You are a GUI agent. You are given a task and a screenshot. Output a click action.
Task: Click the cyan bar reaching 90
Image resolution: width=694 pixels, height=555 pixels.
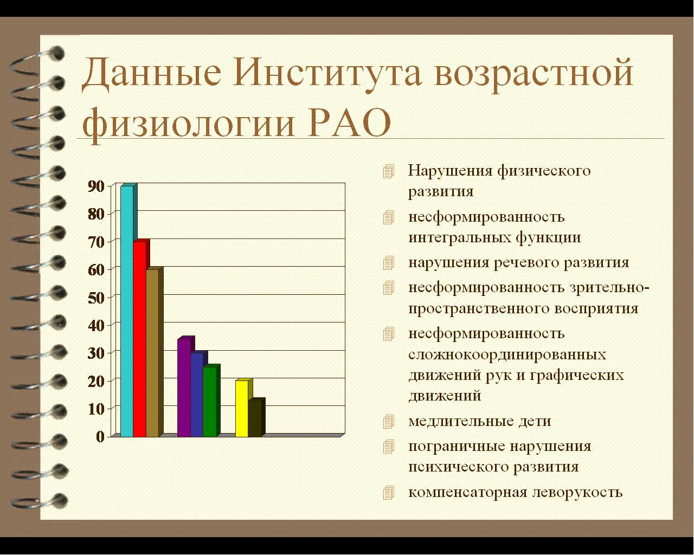coord(127,311)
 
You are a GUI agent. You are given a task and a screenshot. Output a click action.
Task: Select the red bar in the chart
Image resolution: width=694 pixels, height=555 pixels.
coord(140,339)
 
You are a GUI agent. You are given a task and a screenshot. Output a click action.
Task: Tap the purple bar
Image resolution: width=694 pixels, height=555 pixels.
coord(184,388)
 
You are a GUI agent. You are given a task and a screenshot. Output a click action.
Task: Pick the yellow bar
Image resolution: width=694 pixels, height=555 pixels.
coord(242,409)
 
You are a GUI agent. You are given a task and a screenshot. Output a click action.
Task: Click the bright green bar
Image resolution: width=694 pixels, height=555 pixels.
coord(210,402)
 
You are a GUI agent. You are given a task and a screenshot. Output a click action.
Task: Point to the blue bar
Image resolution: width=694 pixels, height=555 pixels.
coord(197,395)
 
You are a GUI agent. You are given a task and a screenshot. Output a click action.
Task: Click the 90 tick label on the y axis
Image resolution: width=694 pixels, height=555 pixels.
coord(96,186)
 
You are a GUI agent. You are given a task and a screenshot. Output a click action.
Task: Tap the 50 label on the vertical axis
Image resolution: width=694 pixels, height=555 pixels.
coord(96,298)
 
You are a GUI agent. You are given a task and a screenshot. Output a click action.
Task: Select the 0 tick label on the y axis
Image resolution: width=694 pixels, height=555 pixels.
coord(100,437)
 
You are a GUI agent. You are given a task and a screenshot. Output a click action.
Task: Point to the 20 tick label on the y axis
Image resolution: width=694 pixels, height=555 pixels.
coord(96,381)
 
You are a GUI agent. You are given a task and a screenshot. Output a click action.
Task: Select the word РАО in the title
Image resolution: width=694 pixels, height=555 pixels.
coord(349,122)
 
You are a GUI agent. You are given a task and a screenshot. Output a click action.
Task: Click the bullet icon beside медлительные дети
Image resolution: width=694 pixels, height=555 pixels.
coord(389,422)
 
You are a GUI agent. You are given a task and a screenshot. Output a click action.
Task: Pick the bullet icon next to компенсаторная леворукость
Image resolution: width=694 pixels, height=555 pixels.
coord(389,493)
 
